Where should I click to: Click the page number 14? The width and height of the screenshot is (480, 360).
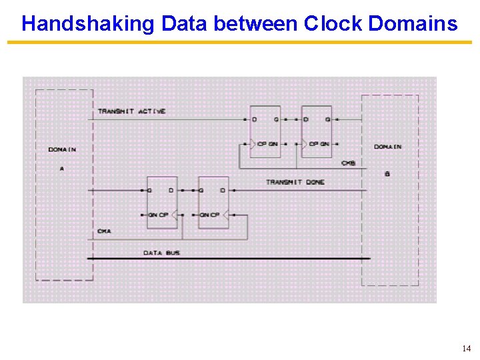(465, 349)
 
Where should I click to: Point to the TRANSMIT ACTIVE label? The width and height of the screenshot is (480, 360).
(131, 111)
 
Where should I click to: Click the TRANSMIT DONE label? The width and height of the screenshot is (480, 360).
(295, 182)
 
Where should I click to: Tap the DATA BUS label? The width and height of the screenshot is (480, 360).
(162, 253)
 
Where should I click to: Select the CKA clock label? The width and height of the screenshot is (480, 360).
(104, 231)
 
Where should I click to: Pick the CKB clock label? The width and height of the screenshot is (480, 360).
(347, 163)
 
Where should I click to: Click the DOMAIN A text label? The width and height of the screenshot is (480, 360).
(62, 150)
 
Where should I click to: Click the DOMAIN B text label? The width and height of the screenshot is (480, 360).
(387, 147)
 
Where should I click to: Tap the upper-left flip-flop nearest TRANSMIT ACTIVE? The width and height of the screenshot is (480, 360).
(265, 131)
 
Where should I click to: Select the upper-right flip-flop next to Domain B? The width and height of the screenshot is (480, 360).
(316, 131)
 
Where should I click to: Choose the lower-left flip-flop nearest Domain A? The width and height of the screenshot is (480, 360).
(162, 203)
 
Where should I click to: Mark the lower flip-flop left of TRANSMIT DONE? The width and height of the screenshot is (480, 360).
(213, 203)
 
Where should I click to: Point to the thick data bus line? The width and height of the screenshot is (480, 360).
(267, 258)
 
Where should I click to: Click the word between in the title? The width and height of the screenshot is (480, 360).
(246, 24)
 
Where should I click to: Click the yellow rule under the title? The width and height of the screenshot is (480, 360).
(239, 43)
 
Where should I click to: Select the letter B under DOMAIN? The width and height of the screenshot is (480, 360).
(387, 174)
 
